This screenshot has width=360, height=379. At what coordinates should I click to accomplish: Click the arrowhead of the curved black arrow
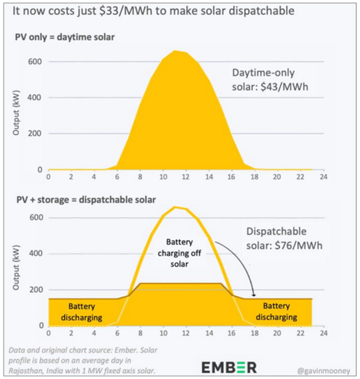tap(253, 294)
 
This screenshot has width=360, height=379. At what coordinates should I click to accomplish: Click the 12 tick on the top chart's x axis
tap(185, 176)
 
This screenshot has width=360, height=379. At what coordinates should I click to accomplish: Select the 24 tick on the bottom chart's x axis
tap(322, 332)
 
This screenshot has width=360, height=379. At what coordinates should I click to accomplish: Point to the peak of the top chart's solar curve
tap(175, 51)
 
